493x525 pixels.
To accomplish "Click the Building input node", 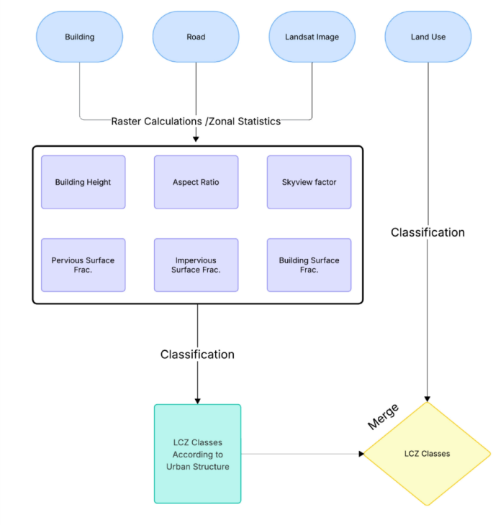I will click(x=79, y=37).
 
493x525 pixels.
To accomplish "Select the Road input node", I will click(x=196, y=37).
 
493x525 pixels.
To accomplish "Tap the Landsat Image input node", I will click(x=312, y=37).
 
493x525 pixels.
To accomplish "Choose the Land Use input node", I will click(x=428, y=37).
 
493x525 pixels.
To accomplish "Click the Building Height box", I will click(x=83, y=182).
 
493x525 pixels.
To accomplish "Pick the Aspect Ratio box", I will click(x=196, y=182).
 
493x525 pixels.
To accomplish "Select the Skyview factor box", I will click(x=309, y=182).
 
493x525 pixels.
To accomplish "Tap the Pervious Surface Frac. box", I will click(x=83, y=265).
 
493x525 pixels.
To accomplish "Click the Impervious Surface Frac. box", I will click(x=196, y=265).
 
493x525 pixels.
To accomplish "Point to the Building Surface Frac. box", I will click(x=309, y=265).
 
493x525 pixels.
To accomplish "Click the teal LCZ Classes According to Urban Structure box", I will click(x=197, y=454).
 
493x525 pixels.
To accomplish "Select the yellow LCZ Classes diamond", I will click(x=428, y=454).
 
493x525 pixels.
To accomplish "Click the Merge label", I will click(x=383, y=416).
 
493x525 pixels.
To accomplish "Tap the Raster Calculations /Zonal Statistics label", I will click(x=196, y=122).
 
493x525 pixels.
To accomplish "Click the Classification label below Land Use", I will click(x=428, y=232).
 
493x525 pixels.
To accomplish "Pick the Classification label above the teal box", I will click(x=197, y=355).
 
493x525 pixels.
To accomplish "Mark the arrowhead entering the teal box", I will click(x=197, y=401).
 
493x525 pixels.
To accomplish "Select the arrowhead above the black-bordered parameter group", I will click(x=196, y=139).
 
